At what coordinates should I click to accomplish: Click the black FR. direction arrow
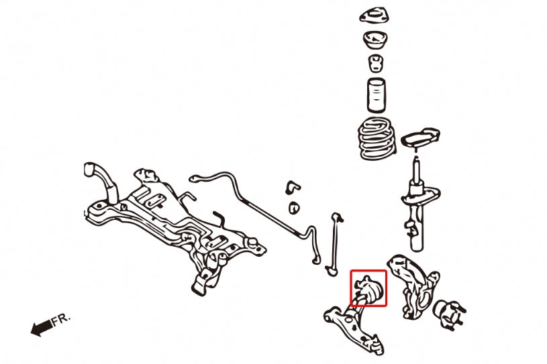click(42, 328)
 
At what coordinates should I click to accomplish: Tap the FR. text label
click(61, 319)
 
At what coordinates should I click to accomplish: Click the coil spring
click(378, 139)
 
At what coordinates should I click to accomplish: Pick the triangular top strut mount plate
click(375, 15)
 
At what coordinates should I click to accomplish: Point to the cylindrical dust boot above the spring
click(377, 95)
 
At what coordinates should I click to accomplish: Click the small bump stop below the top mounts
click(376, 63)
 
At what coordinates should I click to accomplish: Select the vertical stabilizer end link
click(334, 244)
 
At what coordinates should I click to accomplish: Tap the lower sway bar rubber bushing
click(294, 208)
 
